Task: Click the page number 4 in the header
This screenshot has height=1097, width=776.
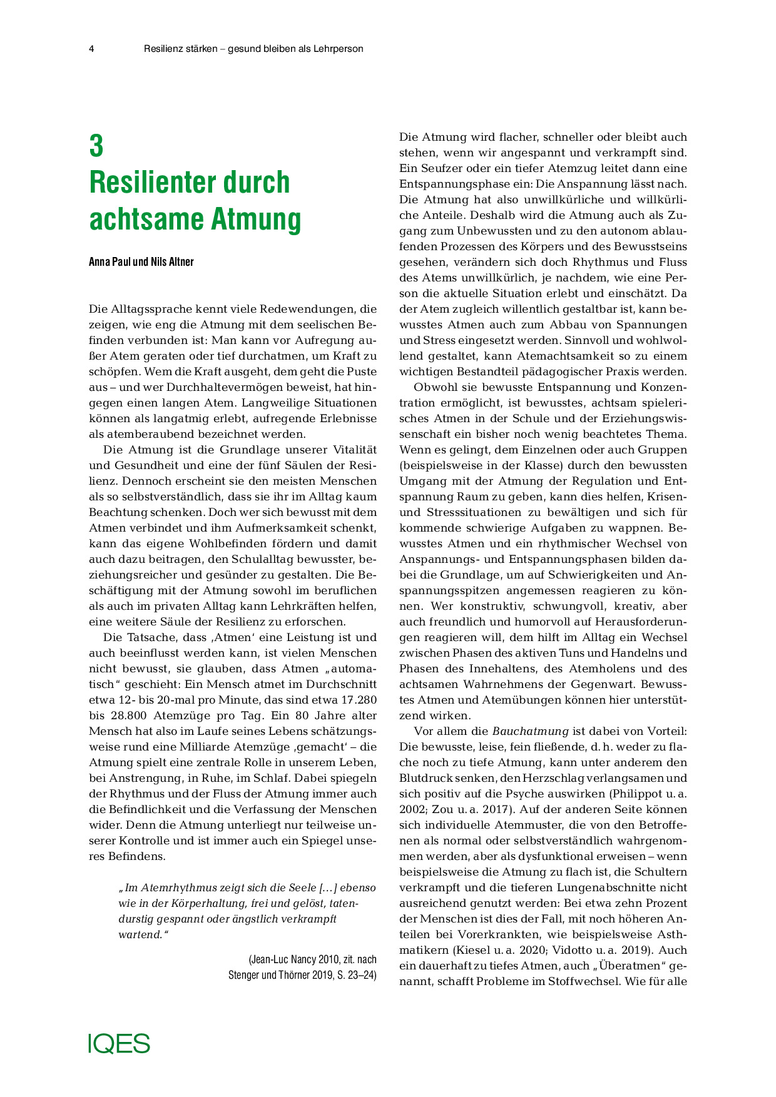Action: [91, 49]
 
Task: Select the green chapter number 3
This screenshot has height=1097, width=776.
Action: [96, 146]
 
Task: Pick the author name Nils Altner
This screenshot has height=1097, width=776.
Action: [172, 262]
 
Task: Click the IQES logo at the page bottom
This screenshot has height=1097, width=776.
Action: [119, 1044]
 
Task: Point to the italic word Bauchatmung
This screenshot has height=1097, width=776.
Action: [530, 731]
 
